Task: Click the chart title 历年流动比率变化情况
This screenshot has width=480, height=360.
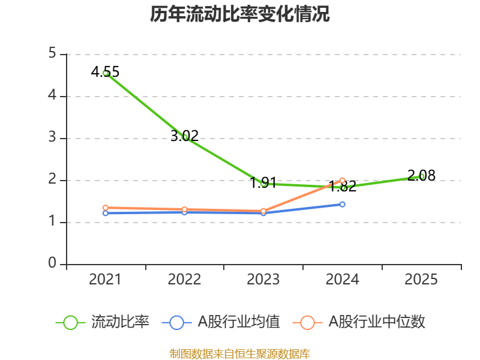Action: tap(239, 14)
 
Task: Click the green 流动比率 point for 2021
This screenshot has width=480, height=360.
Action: tap(106, 73)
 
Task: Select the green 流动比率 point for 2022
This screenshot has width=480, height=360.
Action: tap(185, 137)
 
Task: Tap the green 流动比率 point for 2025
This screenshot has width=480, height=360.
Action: tap(422, 176)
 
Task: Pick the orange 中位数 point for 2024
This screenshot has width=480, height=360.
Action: tap(343, 180)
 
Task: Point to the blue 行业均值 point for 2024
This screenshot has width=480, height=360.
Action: tap(343, 204)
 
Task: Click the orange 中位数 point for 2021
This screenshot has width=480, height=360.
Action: tap(106, 208)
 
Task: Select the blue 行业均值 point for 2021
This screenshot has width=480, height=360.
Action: tap(106, 213)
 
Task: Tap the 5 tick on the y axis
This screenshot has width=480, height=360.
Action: tap(52, 54)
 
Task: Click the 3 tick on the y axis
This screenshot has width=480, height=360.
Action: tap(52, 138)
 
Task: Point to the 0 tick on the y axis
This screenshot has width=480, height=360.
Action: tap(52, 264)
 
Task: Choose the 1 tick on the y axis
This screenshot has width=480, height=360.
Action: tap(52, 222)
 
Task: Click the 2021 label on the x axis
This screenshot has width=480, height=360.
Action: tap(105, 280)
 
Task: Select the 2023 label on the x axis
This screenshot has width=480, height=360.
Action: tap(263, 280)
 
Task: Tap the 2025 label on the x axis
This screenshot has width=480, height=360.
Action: tap(421, 280)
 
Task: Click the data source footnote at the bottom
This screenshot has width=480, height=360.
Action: tap(239, 354)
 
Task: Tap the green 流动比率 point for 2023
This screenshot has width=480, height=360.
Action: tap(263, 184)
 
